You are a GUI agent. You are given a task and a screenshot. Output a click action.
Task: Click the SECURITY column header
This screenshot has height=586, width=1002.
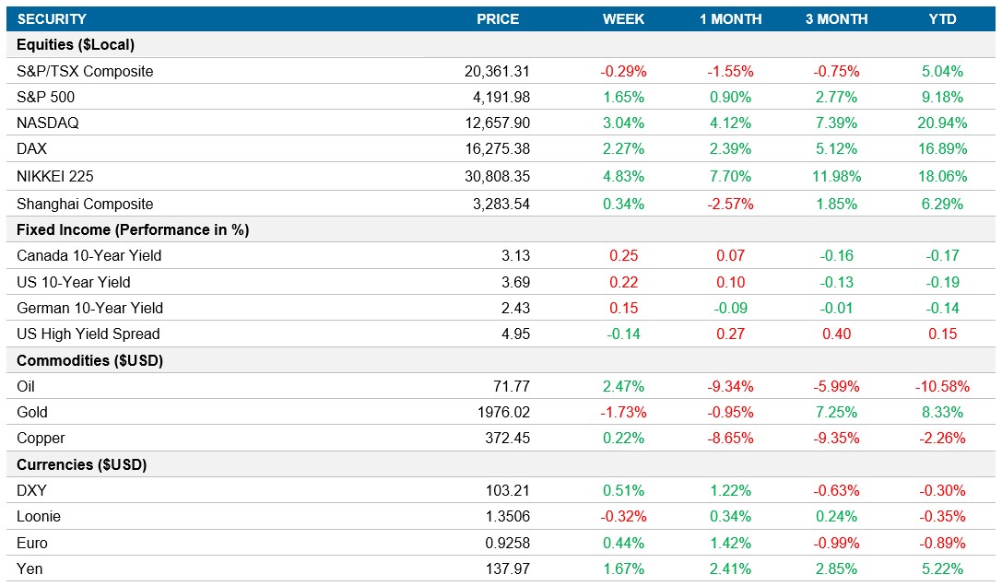tap(52, 19)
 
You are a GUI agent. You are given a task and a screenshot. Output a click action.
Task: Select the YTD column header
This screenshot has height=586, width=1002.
tap(942, 19)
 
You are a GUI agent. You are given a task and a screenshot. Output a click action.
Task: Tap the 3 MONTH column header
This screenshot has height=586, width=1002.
tap(836, 19)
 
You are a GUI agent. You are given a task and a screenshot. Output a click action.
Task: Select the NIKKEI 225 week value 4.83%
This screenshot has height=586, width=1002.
tap(623, 176)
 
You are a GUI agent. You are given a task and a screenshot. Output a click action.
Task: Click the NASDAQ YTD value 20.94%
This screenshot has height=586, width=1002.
tap(942, 123)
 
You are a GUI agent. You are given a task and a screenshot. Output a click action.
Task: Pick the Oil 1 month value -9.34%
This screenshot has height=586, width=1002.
tap(730, 387)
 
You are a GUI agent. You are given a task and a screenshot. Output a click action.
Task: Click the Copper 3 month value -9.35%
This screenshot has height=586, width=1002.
tap(836, 439)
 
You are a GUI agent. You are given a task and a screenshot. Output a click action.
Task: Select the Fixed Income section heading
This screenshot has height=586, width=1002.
tap(133, 229)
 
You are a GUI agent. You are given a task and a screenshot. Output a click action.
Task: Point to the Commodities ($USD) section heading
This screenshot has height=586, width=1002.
tap(89, 361)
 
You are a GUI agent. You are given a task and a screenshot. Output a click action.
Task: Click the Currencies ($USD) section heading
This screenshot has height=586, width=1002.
tap(82, 465)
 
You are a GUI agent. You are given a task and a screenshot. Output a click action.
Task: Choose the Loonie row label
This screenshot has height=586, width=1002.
tap(39, 517)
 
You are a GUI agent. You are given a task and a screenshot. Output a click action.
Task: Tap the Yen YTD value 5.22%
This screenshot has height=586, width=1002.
tap(942, 569)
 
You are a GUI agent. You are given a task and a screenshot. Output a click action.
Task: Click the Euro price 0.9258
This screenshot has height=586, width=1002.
tap(508, 544)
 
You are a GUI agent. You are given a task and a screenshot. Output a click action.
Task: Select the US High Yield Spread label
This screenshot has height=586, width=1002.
tap(88, 334)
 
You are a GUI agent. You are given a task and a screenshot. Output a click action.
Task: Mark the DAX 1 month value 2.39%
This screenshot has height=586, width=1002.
tap(730, 149)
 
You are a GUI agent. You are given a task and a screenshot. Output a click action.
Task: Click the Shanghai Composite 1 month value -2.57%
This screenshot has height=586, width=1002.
tap(730, 204)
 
